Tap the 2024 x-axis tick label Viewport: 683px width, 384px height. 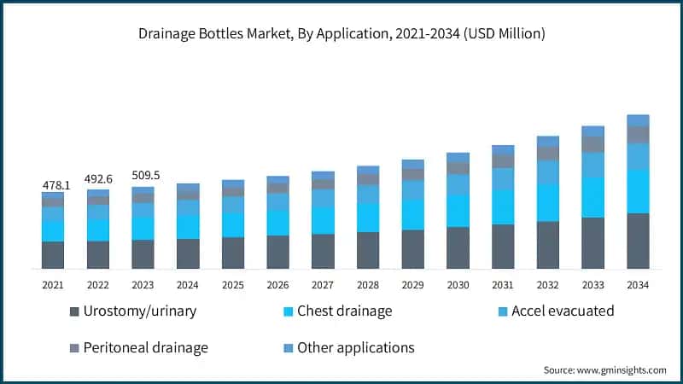188,285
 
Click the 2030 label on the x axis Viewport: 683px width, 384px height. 458,285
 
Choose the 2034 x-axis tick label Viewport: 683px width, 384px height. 639,285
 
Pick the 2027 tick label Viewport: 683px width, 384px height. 323,285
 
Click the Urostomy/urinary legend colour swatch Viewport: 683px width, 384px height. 74,311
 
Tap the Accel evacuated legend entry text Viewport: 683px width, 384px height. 563,311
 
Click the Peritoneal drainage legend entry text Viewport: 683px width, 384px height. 145,348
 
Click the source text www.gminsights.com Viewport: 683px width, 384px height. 605,370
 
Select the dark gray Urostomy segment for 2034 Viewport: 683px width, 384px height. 639,241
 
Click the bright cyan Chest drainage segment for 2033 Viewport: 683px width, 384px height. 593,197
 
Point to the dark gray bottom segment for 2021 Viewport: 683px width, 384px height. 53,255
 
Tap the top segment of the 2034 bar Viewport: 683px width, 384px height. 639,120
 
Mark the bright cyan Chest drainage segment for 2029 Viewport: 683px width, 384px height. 413,214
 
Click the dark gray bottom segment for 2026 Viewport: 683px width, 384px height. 278,252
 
